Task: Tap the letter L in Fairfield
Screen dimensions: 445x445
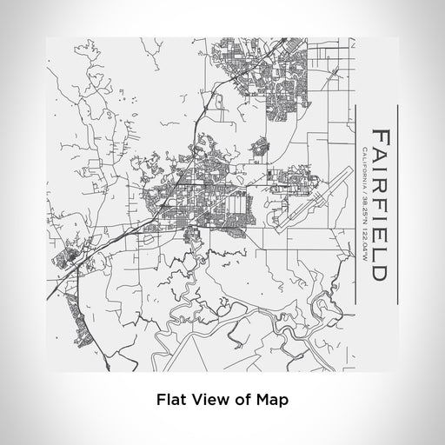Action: pos(379,252)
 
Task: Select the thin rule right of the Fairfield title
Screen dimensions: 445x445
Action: pos(397,204)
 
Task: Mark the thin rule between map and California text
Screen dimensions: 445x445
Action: pos(353,204)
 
